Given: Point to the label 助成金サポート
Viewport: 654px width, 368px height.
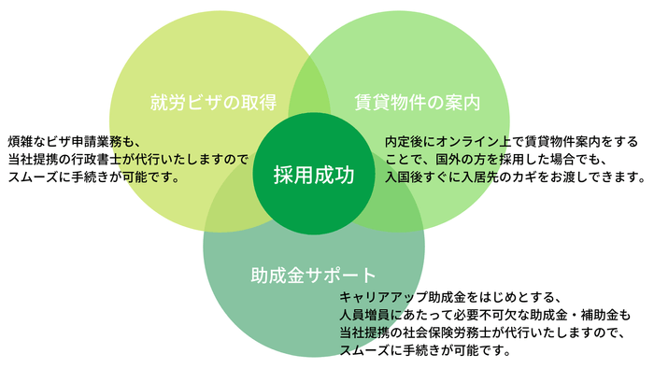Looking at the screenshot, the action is click(x=313, y=276).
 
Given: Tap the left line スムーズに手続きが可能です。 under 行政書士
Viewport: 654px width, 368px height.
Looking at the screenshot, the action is click(x=94, y=176).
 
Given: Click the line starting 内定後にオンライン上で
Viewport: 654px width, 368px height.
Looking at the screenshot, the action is click(x=511, y=141).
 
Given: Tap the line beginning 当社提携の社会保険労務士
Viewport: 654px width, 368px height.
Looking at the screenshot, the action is click(x=482, y=333).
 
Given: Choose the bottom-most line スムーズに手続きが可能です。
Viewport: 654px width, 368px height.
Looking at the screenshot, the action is click(x=426, y=350).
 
